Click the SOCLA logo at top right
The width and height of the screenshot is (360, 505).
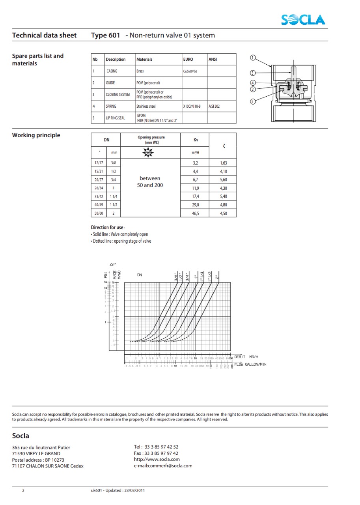[303, 19]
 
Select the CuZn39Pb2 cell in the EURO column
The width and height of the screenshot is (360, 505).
[190, 71]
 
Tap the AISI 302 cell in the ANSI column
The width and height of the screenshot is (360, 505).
[215, 106]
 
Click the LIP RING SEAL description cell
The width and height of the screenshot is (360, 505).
[116, 118]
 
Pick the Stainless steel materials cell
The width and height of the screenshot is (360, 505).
[146, 106]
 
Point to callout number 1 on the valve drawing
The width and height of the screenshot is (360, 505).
[253, 58]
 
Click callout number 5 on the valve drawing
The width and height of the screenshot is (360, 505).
[253, 101]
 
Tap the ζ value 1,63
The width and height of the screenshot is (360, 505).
[223, 163]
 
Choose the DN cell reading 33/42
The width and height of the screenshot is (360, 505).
[99, 196]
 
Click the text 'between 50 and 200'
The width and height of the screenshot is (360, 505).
[150, 182]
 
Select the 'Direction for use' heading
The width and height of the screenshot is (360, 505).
[108, 228]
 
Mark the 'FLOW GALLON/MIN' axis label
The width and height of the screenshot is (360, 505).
[250, 364]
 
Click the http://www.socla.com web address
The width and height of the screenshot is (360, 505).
[157, 459]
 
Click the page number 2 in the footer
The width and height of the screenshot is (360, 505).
[23, 490]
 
